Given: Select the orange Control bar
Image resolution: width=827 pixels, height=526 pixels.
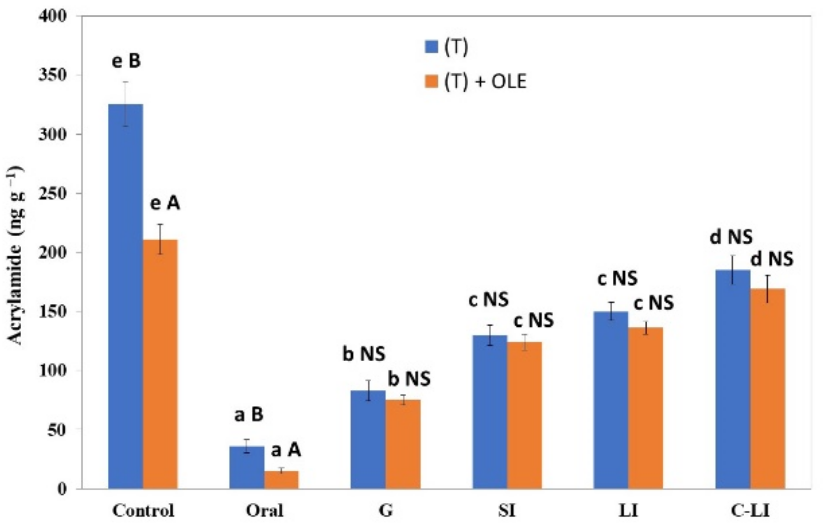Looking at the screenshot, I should [x=160, y=364].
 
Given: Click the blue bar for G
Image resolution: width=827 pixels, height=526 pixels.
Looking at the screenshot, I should [x=368, y=439].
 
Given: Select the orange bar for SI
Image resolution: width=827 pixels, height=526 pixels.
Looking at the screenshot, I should [x=525, y=415].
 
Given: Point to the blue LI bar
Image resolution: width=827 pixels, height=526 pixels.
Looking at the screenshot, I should [x=611, y=400].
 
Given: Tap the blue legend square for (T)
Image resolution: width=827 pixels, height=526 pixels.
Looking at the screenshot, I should [x=431, y=47].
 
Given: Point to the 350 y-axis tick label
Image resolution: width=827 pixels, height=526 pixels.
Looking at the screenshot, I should [x=52, y=75].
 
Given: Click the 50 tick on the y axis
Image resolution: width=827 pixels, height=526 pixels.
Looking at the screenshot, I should [x=57, y=429].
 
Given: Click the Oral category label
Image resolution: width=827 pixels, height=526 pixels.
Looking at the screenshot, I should [x=264, y=511].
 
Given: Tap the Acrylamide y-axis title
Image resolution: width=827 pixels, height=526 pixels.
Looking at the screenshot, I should [x=16, y=255].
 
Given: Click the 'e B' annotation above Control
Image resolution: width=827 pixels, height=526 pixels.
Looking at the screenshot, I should [x=126, y=61].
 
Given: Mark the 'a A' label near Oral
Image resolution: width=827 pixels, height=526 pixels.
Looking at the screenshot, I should [x=286, y=450].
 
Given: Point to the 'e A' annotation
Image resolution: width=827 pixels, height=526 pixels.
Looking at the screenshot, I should [x=165, y=203].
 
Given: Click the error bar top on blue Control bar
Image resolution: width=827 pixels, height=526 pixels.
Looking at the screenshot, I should [x=126, y=82].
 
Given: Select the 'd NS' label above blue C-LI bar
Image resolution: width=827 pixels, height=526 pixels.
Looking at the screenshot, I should [x=731, y=237].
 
